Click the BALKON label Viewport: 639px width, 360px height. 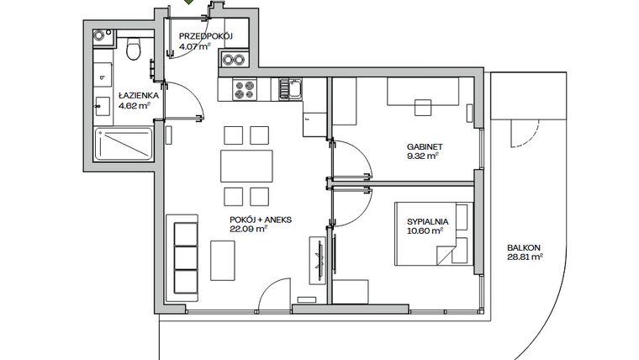[524, 248]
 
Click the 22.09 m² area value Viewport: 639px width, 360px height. [248, 228]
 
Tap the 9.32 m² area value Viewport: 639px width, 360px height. [423, 156]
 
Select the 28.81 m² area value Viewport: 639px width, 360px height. [525, 259]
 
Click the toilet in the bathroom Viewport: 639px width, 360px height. [132, 50]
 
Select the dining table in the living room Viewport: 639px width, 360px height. [246, 165]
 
